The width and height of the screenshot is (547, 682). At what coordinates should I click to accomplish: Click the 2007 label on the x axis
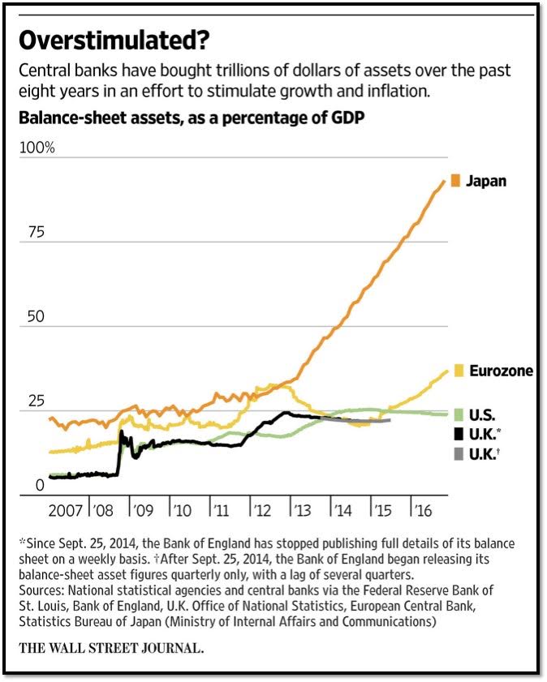(65, 511)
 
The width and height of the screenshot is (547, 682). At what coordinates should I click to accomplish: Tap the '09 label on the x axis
(143, 511)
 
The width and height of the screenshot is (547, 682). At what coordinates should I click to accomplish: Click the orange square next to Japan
(455, 181)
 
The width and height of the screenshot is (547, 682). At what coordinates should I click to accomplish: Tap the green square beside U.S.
(455, 414)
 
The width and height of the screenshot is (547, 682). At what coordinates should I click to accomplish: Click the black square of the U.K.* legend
(455, 434)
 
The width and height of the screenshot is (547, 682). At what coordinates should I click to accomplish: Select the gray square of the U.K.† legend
(455, 454)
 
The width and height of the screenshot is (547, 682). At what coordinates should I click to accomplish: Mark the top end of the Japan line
(445, 180)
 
